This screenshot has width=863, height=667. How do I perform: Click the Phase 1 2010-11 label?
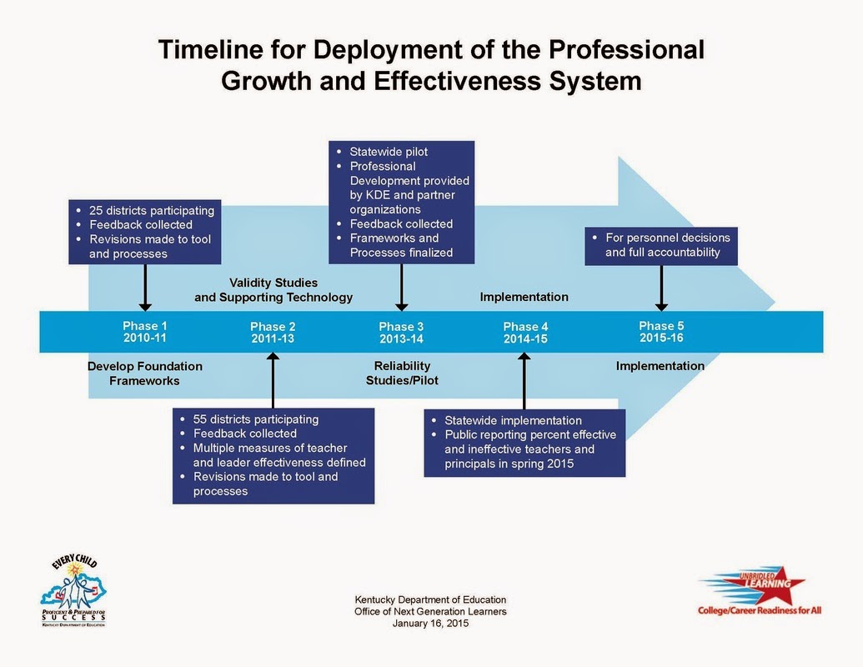145,332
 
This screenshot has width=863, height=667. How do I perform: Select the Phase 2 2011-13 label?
272,333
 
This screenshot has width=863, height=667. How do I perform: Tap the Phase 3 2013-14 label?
401,333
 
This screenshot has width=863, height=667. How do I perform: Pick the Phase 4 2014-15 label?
526,333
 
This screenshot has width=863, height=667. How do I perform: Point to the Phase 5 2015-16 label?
661,332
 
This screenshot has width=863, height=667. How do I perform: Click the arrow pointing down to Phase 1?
145,288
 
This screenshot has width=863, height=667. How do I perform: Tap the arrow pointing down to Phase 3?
402,288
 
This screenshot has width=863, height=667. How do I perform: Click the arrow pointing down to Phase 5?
661,288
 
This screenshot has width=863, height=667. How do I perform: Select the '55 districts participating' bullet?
255,419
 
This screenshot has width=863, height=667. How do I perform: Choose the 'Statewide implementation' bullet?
513,420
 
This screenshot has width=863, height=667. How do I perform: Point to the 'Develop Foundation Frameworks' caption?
145,374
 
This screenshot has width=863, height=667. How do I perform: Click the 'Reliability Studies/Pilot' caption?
402,374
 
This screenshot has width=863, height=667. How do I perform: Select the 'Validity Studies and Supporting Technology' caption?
273,290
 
